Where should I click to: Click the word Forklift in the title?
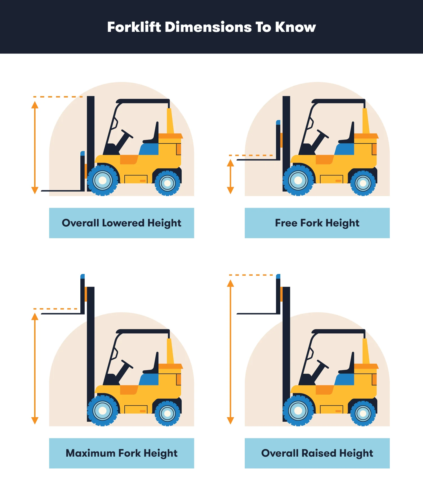(x=134, y=27)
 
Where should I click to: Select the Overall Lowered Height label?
(x=122, y=223)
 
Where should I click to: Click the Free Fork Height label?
(x=317, y=223)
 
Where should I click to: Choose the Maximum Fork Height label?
(x=122, y=453)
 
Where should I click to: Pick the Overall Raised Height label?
(x=317, y=453)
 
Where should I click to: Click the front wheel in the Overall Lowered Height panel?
(x=103, y=180)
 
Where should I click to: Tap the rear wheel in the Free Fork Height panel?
(x=363, y=183)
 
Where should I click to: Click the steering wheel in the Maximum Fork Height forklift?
(x=127, y=364)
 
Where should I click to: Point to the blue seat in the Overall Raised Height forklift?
(x=345, y=379)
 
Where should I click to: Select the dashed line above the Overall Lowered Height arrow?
(x=58, y=97)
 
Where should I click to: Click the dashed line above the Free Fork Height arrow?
(x=251, y=155)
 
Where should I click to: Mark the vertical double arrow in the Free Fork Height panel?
(x=230, y=176)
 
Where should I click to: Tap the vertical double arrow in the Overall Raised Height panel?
(x=230, y=352)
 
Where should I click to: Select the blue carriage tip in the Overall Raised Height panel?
(x=278, y=276)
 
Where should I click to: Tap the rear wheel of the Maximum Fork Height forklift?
(x=168, y=413)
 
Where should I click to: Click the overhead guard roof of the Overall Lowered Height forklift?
(x=143, y=101)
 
